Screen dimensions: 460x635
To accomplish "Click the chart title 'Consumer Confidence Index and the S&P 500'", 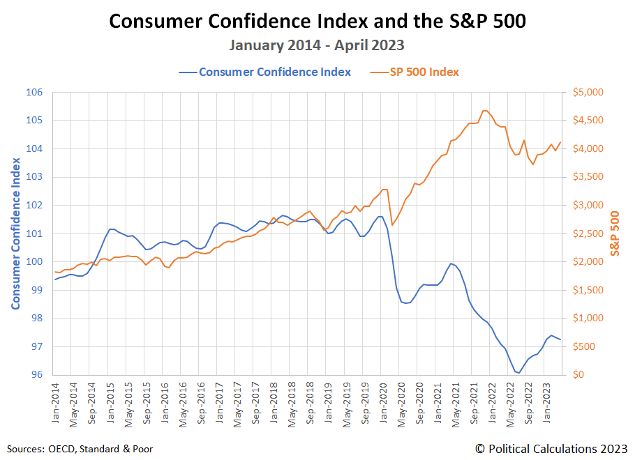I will pos(317,22).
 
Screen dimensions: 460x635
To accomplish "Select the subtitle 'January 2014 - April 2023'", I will pos(317,45).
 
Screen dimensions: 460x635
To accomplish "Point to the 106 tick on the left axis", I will pos(35,93).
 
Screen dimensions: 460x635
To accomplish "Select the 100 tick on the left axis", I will pos(35,262).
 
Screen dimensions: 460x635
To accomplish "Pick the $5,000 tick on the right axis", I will pos(589,93).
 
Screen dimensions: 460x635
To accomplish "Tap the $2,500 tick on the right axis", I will pos(589,234).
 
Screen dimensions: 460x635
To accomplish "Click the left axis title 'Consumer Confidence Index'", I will pos(15,233).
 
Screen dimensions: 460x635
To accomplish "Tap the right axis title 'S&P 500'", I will pos(615,233).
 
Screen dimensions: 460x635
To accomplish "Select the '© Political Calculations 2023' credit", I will pos(551,448).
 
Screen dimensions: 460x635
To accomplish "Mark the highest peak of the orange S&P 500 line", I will pos(485,110).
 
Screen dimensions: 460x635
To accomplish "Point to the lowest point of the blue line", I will pos(519,373).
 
